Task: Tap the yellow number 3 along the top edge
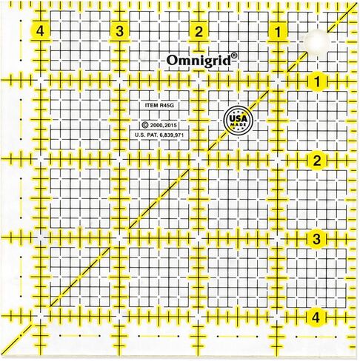[119, 31]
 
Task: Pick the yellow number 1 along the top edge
[277, 31]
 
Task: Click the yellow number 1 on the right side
[316, 81]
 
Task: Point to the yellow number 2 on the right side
[316, 161]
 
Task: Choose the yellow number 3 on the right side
[316, 239]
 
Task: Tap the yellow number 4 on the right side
[316, 317]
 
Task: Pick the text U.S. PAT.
[147, 135]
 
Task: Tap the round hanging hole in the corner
[314, 41]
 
